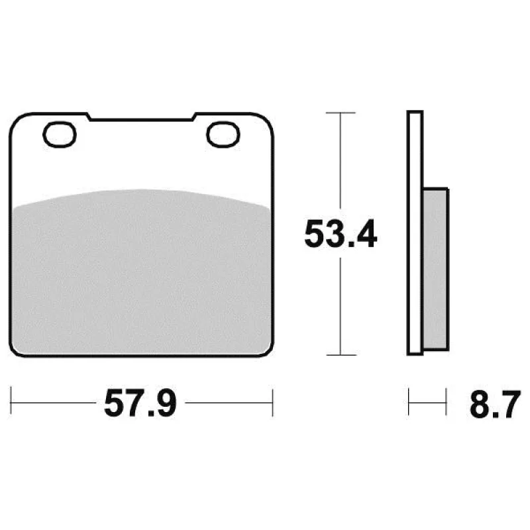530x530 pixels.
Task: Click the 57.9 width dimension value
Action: point(140,403)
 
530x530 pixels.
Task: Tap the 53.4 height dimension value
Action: point(341,234)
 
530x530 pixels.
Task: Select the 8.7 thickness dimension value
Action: point(495,404)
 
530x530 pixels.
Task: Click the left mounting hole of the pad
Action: point(60,134)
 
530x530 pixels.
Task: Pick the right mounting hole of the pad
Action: point(223,134)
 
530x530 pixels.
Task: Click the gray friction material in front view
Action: point(141,274)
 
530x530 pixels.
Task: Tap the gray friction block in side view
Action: point(436,269)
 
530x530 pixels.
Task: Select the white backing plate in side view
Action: point(415,233)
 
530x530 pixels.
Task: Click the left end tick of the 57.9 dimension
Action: point(11,401)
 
